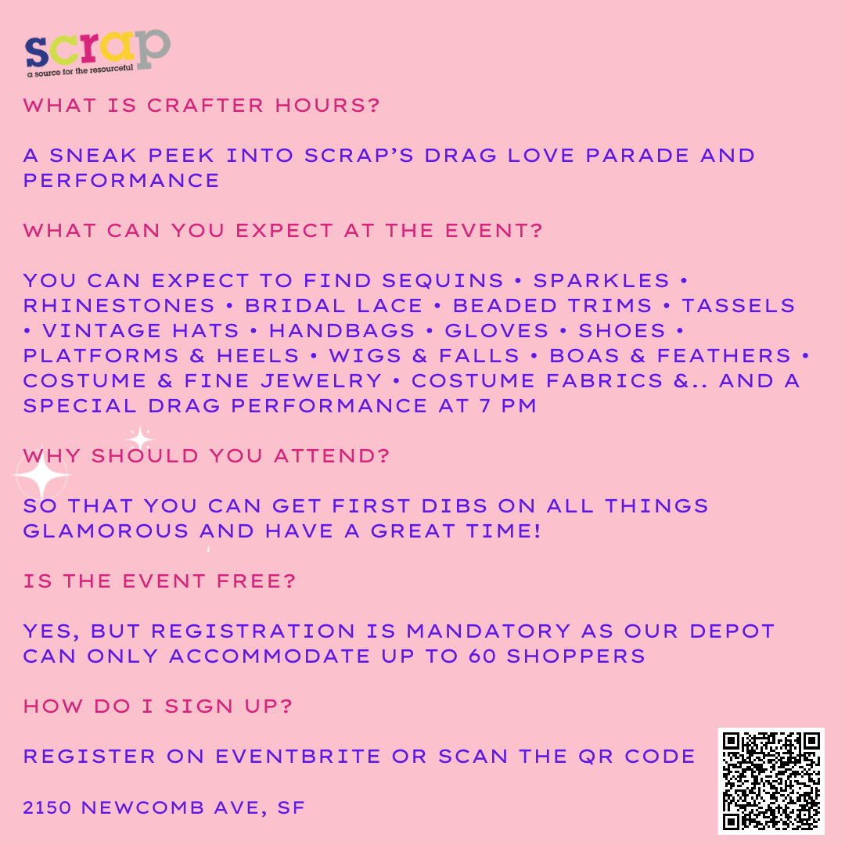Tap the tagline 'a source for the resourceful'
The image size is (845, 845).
pyautogui.click(x=81, y=70)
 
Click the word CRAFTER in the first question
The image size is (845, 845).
pyautogui.click(x=205, y=106)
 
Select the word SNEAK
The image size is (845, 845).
pyautogui.click(x=93, y=156)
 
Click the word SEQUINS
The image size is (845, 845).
pyautogui.click(x=442, y=281)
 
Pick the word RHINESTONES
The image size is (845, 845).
pyautogui.click(x=119, y=306)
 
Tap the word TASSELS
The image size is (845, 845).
pyautogui.click(x=739, y=306)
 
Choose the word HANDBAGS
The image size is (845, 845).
pyautogui.click(x=342, y=331)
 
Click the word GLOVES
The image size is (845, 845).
pyautogui.click(x=496, y=331)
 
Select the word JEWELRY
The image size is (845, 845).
pyautogui.click(x=322, y=381)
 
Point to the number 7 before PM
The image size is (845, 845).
pyautogui.click(x=485, y=406)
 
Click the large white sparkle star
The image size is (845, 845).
pyautogui.click(x=42, y=476)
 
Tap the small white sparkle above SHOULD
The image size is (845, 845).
pyautogui.click(x=141, y=439)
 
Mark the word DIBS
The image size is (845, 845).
pyautogui.click(x=454, y=506)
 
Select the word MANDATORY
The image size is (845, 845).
pyautogui.click(x=488, y=631)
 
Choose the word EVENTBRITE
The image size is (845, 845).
pyautogui.click(x=298, y=757)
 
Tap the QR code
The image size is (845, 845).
pyautogui.click(x=771, y=781)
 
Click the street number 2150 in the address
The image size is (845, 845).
pyautogui.click(x=47, y=807)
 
